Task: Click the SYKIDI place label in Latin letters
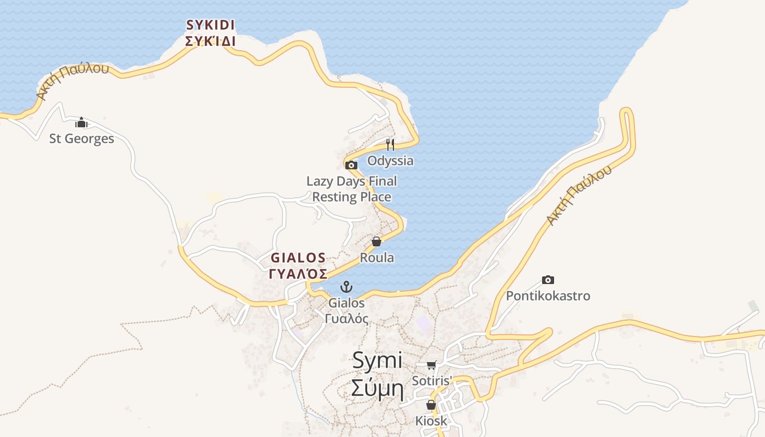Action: (210, 25)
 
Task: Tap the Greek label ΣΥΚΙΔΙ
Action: (210, 41)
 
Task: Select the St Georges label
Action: (81, 139)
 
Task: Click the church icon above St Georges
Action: (81, 122)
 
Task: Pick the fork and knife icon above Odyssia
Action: (390, 144)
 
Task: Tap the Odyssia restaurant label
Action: (390, 161)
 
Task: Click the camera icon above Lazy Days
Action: (351, 165)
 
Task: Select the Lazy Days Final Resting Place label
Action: (351, 189)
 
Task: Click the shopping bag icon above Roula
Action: (376, 241)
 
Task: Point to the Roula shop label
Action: (376, 257)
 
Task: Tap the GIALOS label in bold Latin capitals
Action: (298, 257)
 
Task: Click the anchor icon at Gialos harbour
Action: (346, 286)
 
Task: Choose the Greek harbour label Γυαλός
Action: (346, 318)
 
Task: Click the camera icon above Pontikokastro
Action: (548, 280)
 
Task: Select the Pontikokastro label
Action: (548, 296)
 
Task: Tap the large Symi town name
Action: (377, 360)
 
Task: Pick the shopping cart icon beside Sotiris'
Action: (432, 365)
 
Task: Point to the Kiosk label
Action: (431, 421)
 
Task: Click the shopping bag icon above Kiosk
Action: (431, 405)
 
